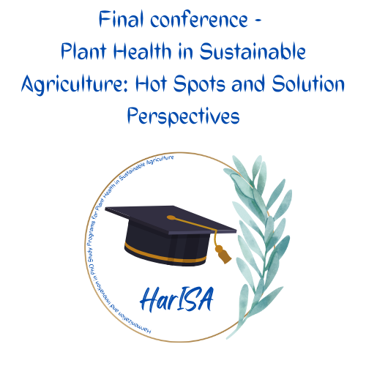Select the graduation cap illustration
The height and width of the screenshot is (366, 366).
[x=172, y=234]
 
